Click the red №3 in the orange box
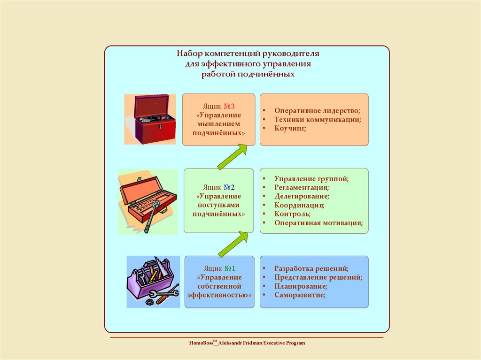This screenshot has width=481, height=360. pyautogui.click(x=229, y=107)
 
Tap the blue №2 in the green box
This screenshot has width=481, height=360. pyautogui.click(x=229, y=187)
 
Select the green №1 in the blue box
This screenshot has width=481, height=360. pyautogui.click(x=230, y=268)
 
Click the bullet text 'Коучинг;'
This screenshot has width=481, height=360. pyautogui.click(x=290, y=128)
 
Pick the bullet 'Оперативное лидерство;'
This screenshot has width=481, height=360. pyautogui.click(x=317, y=111)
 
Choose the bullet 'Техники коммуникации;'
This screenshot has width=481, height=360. pyautogui.click(x=318, y=120)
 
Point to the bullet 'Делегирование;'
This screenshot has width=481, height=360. pyautogui.click(x=302, y=196)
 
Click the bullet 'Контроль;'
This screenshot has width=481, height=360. pyautogui.click(x=292, y=214)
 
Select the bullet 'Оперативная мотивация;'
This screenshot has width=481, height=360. pyautogui.click(x=318, y=223)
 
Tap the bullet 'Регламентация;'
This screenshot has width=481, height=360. pyautogui.click(x=302, y=187)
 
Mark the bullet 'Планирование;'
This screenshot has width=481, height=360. pyautogui.click(x=301, y=286)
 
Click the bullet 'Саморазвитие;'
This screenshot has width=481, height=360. pyautogui.click(x=300, y=295)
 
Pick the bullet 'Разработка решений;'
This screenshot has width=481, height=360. pyautogui.click(x=311, y=268)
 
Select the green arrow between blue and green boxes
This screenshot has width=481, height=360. pyautogui.click(x=233, y=245)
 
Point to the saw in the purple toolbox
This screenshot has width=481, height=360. pyautogui.click(x=161, y=266)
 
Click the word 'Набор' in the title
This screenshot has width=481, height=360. pyautogui.click(x=190, y=54)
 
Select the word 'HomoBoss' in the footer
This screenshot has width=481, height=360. pyautogui.click(x=201, y=343)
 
